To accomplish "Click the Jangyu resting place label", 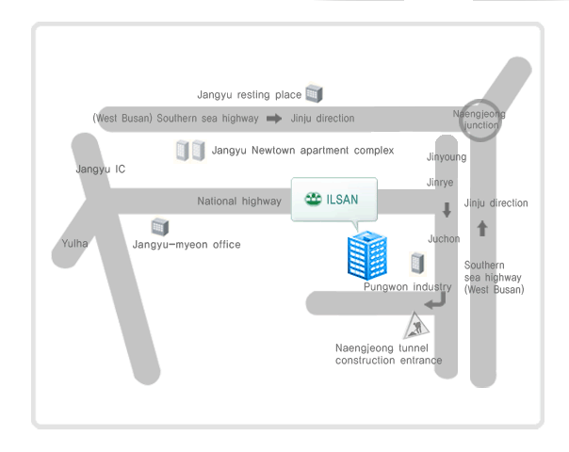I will pyautogui.click(x=249, y=95).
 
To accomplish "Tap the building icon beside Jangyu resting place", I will pyautogui.click(x=315, y=93).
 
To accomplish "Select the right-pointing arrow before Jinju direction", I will pyautogui.click(x=274, y=119).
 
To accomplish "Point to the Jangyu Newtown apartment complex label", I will pyautogui.click(x=302, y=151).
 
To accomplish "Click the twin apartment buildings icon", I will pyautogui.click(x=190, y=150).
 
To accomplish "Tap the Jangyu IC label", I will pyautogui.click(x=101, y=169).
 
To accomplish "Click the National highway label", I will pyautogui.click(x=238, y=202).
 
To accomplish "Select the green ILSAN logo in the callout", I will pyautogui.click(x=314, y=200).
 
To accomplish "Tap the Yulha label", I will pyautogui.click(x=74, y=243).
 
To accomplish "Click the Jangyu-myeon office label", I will pyautogui.click(x=187, y=245).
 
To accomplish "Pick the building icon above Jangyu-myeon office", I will pyautogui.click(x=160, y=227).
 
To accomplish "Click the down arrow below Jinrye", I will pyautogui.click(x=447, y=210).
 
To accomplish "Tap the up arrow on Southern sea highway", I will pyautogui.click(x=482, y=228).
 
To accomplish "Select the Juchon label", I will pyautogui.click(x=444, y=239).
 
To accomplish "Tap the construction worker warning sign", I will pyautogui.click(x=415, y=327).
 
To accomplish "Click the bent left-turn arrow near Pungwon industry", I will pyautogui.click(x=435, y=301).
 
